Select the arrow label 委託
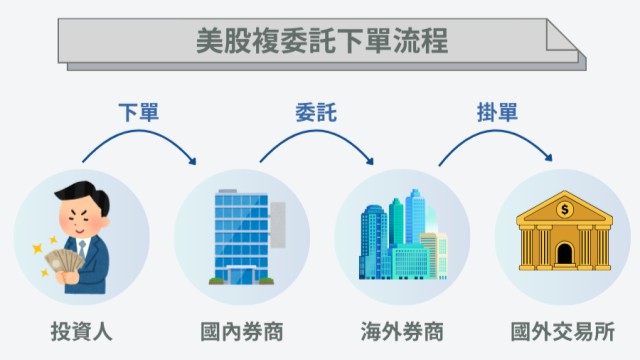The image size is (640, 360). pos(316,112)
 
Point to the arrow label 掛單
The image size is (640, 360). pos(497,112)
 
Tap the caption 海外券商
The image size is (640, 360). pos(401,330)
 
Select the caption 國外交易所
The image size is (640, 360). pos(561,330)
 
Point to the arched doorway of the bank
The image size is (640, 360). pos(564,254)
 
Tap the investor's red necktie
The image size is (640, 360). pos(83,246)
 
